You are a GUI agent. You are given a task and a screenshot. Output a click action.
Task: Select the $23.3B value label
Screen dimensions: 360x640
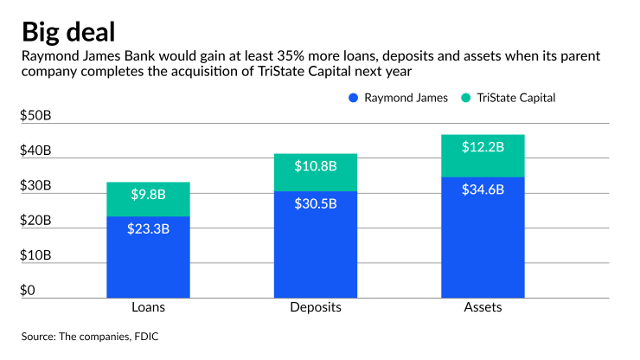pos(148,229)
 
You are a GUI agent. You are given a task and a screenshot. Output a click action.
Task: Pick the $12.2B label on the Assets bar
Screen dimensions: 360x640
pos(483,147)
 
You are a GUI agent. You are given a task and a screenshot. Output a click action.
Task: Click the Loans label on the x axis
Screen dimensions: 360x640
pos(148,307)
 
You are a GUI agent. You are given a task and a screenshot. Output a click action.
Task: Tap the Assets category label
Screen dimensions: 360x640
pos(483,307)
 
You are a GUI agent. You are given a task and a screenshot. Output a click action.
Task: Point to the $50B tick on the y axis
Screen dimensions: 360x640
pos(36,117)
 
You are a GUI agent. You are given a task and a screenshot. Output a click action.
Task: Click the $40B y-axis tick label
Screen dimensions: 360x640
pos(36,151)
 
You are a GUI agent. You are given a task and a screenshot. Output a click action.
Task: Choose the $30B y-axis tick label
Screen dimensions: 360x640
pos(36,186)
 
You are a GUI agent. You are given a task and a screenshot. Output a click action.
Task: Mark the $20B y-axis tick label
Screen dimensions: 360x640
pos(36,221)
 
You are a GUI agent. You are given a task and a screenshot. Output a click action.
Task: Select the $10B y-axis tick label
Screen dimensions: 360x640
pos(36,255)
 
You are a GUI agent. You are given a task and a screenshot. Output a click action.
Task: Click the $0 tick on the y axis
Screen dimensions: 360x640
pos(29,290)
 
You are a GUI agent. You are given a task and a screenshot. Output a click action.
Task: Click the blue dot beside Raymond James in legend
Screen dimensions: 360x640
pos(353,98)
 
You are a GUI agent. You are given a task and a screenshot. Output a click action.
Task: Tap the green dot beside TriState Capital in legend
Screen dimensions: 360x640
pos(468,98)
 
